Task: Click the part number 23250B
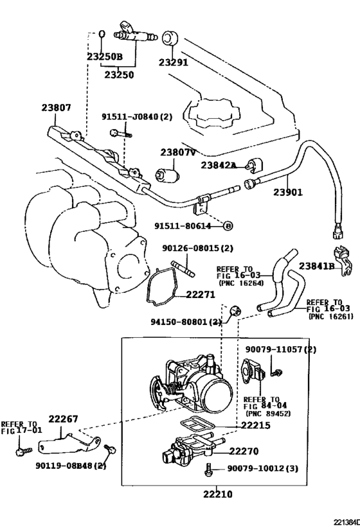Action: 104,57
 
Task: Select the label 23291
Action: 173,62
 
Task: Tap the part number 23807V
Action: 177,152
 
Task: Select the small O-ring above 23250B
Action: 102,33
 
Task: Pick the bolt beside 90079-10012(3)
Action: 208,469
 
